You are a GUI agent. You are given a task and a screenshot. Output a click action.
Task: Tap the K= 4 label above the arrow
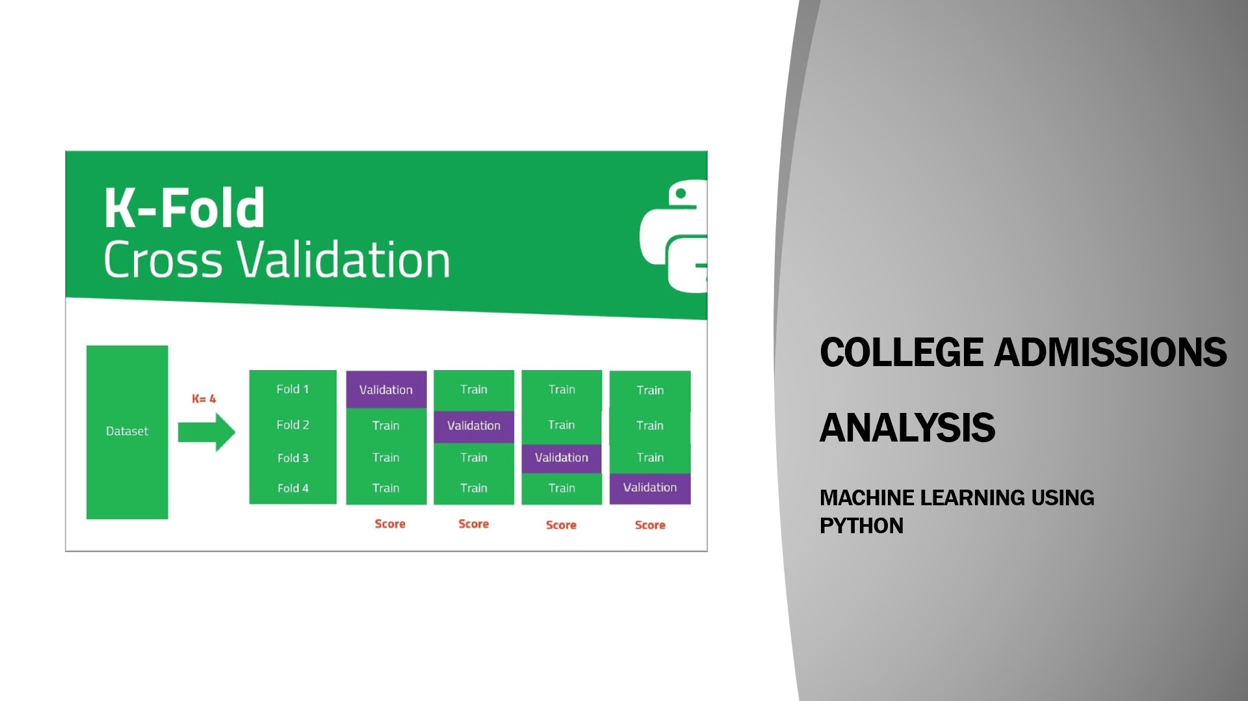(x=203, y=399)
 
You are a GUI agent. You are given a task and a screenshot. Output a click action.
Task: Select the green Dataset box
(x=127, y=432)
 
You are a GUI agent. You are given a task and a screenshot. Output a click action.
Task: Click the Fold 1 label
(x=292, y=389)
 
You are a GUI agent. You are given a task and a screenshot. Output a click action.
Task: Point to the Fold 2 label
(x=292, y=425)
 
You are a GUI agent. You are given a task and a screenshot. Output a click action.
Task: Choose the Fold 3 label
(x=293, y=458)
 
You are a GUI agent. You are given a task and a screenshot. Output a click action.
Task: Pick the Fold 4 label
(x=293, y=488)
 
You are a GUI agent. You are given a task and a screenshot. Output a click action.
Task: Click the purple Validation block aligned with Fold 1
(x=386, y=390)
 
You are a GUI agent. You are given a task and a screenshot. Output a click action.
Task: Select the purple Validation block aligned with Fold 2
(x=474, y=426)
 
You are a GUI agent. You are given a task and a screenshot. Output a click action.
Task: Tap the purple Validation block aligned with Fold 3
(x=562, y=458)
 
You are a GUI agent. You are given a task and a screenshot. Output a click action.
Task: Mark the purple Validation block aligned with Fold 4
(x=650, y=488)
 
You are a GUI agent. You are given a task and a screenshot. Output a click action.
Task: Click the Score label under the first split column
(x=390, y=523)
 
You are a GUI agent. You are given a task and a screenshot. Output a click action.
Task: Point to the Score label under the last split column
(x=650, y=525)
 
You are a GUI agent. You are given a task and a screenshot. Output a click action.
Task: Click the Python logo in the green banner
(x=674, y=236)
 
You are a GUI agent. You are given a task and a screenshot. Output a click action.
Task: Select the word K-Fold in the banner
(x=185, y=208)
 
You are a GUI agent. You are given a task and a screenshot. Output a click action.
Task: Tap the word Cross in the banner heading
(x=163, y=259)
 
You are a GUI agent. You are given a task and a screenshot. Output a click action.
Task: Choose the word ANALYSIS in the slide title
(x=907, y=427)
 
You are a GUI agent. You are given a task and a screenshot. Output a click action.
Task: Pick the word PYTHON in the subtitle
(x=862, y=525)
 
